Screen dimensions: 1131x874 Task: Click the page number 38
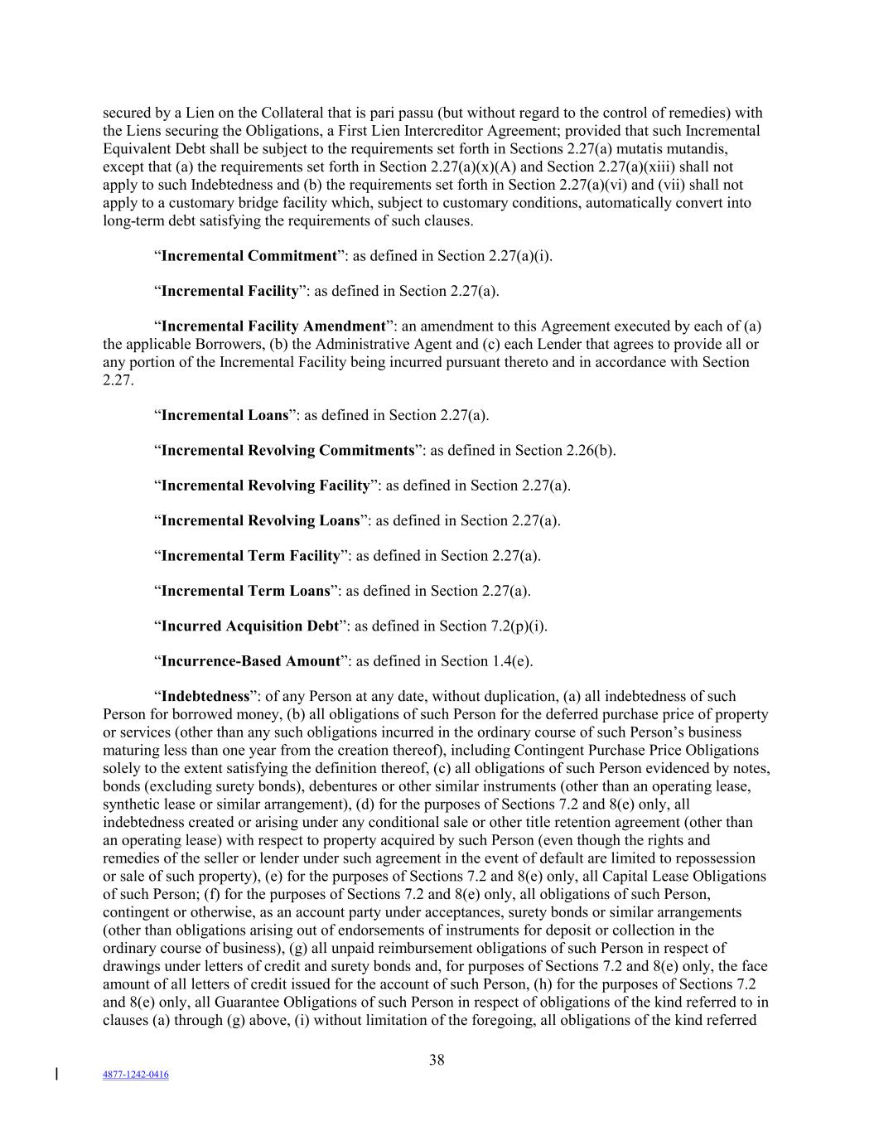coord(437,1060)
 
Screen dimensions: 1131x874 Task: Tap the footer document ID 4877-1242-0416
coord(136,1075)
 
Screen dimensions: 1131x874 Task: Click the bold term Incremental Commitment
coord(249,255)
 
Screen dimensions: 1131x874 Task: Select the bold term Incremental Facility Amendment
coord(273,326)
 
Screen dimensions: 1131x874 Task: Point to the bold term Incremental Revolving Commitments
coord(287,450)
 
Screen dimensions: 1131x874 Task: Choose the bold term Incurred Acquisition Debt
coord(249,626)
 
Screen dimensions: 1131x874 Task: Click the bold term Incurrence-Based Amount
coord(250,660)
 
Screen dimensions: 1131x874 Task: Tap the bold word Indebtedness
coord(205,696)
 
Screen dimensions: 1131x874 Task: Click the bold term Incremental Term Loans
coord(245,591)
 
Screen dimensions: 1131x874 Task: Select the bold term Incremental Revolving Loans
coord(260,520)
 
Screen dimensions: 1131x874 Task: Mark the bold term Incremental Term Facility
coord(250,555)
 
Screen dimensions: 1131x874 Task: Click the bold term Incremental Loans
coord(224,415)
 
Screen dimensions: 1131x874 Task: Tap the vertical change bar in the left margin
coord(56,1075)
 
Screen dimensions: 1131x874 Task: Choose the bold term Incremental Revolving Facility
coord(265,485)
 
